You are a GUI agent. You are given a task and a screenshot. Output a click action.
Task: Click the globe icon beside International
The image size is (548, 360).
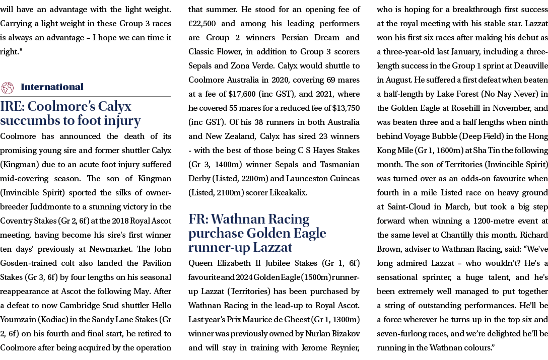(x=8, y=88)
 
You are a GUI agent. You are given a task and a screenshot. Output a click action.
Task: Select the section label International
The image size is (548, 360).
(x=52, y=87)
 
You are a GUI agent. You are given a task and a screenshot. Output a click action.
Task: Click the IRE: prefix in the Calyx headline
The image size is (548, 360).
(x=12, y=106)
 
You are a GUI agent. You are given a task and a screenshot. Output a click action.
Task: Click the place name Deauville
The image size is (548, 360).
(x=531, y=66)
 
